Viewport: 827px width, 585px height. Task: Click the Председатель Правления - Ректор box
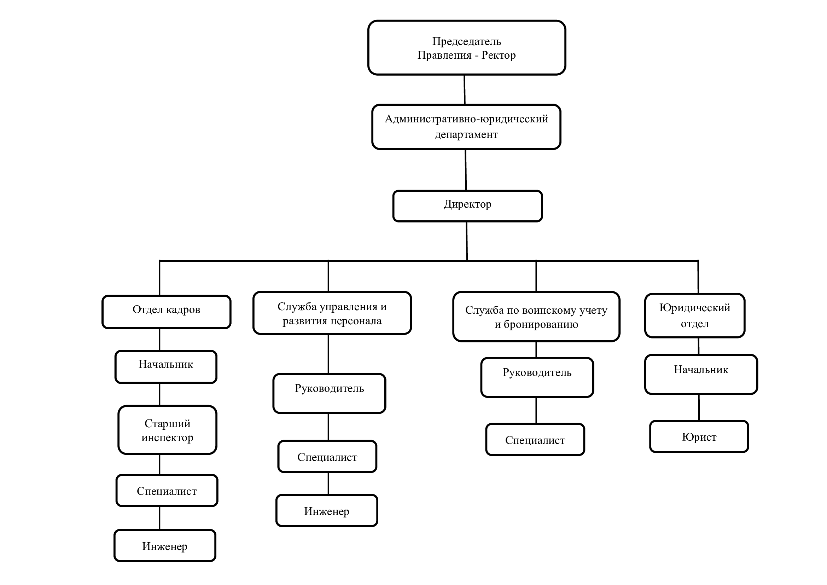tap(466, 47)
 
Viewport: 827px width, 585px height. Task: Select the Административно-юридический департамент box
tap(466, 127)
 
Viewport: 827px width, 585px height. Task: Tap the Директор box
tap(467, 206)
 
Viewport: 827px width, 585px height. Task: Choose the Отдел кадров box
tap(167, 312)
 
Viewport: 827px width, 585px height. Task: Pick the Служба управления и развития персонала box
tap(332, 313)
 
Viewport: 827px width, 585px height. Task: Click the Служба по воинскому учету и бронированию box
tap(536, 317)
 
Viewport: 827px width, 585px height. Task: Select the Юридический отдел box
tap(694, 315)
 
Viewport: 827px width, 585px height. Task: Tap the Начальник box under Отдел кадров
tap(166, 367)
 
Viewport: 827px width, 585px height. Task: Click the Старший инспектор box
tap(168, 430)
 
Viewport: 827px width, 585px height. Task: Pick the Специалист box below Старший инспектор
tap(167, 490)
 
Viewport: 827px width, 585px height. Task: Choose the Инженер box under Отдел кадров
tap(165, 545)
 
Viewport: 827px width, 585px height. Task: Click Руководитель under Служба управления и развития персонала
tap(329, 393)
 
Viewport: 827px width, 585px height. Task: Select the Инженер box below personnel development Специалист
tap(327, 510)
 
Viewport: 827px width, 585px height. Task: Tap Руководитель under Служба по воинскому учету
tap(537, 377)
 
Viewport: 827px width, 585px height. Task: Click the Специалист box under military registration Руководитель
tap(535, 440)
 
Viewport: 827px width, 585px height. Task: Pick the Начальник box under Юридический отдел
tap(701, 375)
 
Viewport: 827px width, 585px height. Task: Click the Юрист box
tap(699, 436)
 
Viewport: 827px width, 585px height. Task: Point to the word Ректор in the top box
tap(499, 55)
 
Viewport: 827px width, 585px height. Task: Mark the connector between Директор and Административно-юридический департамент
tap(466, 170)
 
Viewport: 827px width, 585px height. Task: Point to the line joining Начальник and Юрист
tap(699, 407)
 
